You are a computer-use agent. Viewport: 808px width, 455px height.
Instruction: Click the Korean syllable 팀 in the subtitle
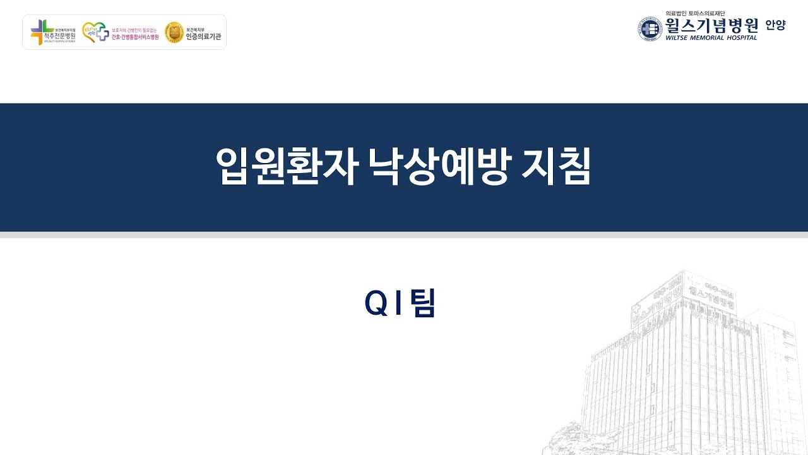tap(422, 304)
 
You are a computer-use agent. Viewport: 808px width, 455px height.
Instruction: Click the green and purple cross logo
tap(42, 32)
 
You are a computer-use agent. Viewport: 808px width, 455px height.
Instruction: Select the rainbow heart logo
tap(95, 32)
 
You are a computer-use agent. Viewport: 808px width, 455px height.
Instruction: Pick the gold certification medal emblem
tap(174, 32)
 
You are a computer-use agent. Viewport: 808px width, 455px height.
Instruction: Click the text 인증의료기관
tap(203, 37)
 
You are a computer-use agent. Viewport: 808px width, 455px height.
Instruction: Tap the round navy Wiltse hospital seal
tap(650, 29)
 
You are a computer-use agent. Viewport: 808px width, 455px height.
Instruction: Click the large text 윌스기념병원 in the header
tap(711, 25)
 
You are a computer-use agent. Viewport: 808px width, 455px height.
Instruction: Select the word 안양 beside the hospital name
tap(775, 25)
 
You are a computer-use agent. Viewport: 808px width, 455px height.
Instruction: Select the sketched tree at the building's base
tap(565, 439)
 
